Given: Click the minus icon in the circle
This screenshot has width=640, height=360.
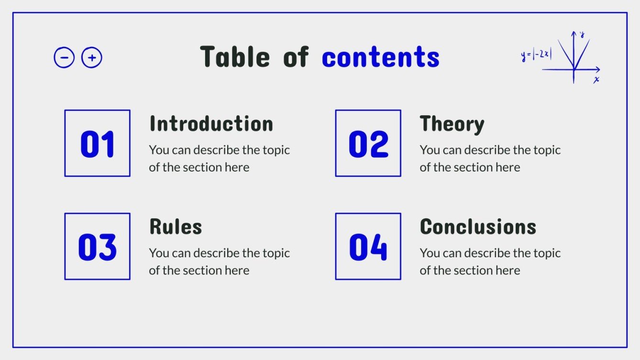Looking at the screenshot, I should coord(64,58).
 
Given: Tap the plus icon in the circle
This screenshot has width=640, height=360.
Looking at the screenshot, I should coord(92,58).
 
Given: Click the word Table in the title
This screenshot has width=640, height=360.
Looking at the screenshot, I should coord(235,57).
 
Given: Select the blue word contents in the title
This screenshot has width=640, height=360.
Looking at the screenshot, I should coord(380,57).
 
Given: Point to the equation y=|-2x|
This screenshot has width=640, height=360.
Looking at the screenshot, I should coord(536,55).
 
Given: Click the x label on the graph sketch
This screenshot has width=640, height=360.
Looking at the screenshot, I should coord(596,80).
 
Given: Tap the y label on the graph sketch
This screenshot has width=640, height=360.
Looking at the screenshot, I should coord(582,34).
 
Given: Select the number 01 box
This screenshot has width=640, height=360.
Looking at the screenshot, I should coord(97,143).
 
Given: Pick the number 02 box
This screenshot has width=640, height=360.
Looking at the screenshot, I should coord(368,143).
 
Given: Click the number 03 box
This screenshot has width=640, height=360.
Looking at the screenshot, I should coord(97,246).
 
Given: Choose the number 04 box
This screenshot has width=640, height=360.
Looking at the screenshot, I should coord(368,246).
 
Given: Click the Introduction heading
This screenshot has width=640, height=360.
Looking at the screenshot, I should coord(211,124).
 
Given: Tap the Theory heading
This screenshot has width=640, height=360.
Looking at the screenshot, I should coord(452,124).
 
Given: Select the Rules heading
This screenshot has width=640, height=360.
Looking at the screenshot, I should coord(176,227).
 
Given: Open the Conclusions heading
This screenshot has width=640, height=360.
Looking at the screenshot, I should coord(478,227).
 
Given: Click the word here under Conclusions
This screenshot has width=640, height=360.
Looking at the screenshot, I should coord(508,271).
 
